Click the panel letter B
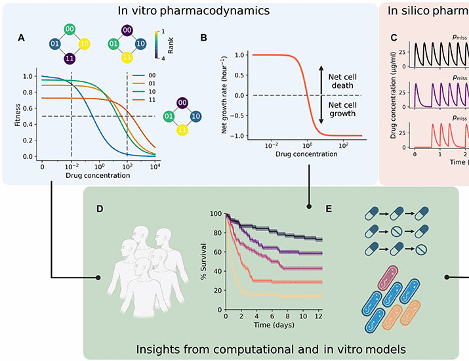pos(204,39)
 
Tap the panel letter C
pos(394,39)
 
